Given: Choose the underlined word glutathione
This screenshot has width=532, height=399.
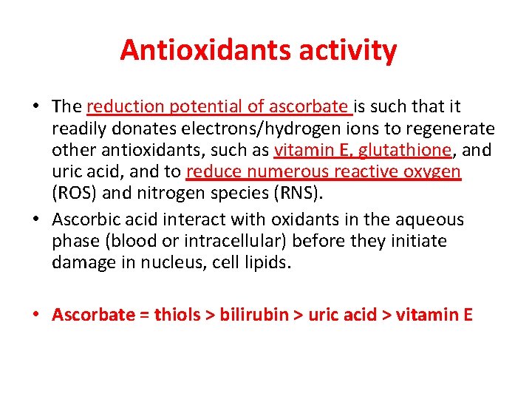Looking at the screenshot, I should tap(404, 151).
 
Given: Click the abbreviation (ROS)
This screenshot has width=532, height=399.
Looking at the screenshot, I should tap(72, 193).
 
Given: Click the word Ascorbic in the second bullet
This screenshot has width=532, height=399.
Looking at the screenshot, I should tap(82, 220).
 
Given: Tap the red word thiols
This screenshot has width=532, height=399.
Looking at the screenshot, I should tap(177, 315).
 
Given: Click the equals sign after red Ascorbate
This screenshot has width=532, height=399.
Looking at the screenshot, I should tap(144, 316).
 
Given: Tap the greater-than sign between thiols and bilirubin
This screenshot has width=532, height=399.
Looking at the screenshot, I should tap(211, 316).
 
